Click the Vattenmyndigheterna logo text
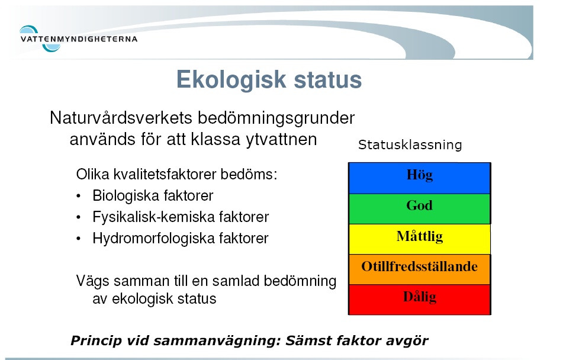coord(79,38)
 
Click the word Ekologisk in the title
coord(231,80)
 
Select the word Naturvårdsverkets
coord(121,118)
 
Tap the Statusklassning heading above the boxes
coord(410,144)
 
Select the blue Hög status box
coord(420,178)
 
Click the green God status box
coord(420,208)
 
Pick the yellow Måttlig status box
coord(420,239)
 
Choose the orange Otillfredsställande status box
coord(420,269)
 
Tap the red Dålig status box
coord(420,300)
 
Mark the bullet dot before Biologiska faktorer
coord(78,197)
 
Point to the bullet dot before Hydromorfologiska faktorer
coord(78,239)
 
